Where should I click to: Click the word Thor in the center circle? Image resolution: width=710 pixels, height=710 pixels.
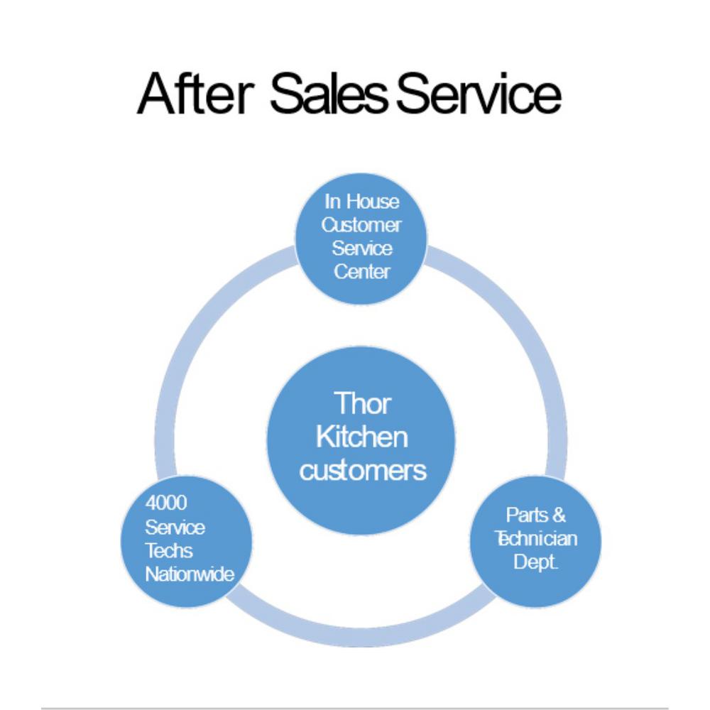362,403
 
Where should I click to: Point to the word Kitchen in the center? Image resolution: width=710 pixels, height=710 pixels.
362,437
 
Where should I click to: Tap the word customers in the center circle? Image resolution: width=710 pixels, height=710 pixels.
362,470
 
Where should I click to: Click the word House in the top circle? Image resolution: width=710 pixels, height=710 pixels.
372,202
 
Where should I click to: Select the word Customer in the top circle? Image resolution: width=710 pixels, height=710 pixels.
361,225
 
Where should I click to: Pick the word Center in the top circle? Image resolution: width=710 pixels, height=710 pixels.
361,271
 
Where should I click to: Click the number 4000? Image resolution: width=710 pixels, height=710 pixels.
166,503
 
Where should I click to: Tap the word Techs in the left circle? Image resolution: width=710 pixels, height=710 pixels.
169,550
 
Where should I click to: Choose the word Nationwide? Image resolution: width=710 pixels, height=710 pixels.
190,574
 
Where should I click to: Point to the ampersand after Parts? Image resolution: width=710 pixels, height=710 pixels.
559,515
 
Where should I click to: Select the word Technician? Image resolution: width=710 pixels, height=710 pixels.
536,538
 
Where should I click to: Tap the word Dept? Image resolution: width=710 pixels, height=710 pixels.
536,562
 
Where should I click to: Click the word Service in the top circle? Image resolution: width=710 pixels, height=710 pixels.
361,248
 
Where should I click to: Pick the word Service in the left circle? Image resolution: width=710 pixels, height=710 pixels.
175,527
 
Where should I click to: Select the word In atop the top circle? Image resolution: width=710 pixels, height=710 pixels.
332,202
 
